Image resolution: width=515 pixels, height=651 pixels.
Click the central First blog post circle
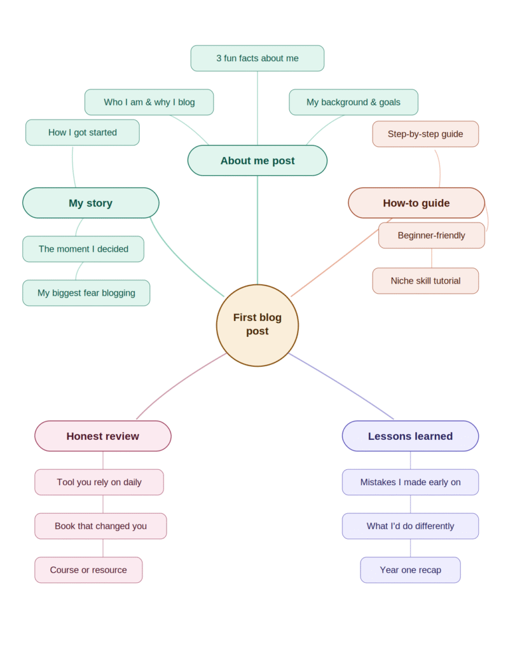pyautogui.click(x=257, y=325)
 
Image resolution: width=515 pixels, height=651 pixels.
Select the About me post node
pyautogui.click(x=257, y=161)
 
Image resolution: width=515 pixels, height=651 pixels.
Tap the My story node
pyautogui.click(x=90, y=203)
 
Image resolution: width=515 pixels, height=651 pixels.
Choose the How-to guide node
pyautogui.click(x=416, y=203)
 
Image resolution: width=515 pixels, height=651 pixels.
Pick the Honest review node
pyautogui.click(x=102, y=436)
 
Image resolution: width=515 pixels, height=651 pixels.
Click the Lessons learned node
pyautogui.click(x=410, y=436)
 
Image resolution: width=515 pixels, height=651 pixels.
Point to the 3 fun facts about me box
pyautogui.click(x=257, y=58)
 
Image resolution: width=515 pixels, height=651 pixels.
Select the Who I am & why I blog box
pyautogui.click(x=149, y=102)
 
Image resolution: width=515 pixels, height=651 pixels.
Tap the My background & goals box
pyautogui.click(x=353, y=102)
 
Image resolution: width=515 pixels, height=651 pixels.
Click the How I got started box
pyautogui.click(x=82, y=133)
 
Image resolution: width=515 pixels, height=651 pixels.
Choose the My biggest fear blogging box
pyautogui.click(x=86, y=293)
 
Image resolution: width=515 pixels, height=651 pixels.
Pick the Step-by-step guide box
pyautogui.click(x=425, y=134)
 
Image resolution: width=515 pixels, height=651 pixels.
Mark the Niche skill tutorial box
pyautogui.click(x=425, y=281)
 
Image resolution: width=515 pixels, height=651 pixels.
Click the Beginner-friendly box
pyautogui.click(x=431, y=236)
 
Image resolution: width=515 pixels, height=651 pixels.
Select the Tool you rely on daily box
pyautogui.click(x=99, y=483)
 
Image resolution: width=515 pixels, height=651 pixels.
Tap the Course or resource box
pyautogui.click(x=88, y=570)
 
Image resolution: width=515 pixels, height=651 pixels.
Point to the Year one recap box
pyautogui.click(x=410, y=570)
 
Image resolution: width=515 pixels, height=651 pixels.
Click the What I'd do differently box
pyautogui.click(x=410, y=526)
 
